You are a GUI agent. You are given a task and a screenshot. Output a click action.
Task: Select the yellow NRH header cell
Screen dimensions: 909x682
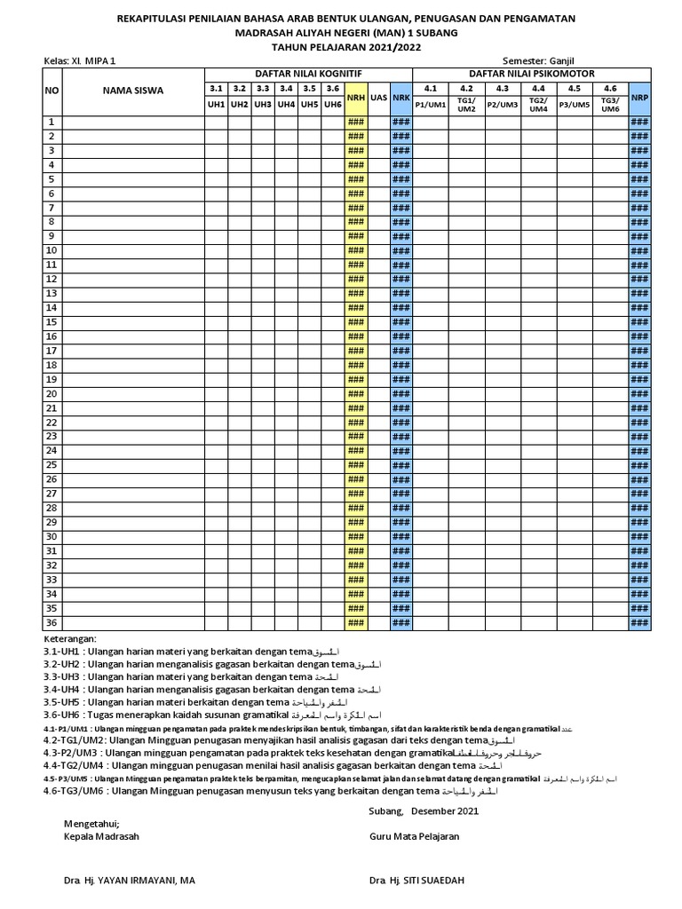[x=356, y=96]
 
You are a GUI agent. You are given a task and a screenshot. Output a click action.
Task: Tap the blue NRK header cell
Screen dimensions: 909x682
[x=401, y=96]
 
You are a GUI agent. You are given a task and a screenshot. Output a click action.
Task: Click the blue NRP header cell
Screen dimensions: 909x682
[x=639, y=96]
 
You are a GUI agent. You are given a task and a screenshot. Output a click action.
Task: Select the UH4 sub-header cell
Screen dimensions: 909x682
[x=286, y=104]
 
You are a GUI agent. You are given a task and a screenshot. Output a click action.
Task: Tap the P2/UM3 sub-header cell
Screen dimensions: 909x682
[x=502, y=104]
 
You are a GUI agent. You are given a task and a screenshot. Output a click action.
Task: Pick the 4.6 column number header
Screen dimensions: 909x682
[x=610, y=88]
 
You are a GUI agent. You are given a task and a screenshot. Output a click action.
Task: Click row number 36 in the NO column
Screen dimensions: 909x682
[x=52, y=623]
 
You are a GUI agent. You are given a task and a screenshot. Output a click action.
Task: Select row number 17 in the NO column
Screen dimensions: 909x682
[x=52, y=351]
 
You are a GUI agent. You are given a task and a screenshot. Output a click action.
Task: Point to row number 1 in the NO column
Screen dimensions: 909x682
[x=52, y=122]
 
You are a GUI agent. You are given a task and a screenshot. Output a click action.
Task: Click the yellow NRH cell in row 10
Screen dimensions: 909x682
[x=356, y=250]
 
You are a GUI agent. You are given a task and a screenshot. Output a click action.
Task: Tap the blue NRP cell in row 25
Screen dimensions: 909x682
[x=639, y=465]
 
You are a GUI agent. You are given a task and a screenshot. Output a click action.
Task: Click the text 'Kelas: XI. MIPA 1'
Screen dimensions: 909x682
[x=80, y=59]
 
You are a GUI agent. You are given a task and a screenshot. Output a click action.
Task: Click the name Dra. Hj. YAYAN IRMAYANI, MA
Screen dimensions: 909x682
[x=130, y=880]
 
